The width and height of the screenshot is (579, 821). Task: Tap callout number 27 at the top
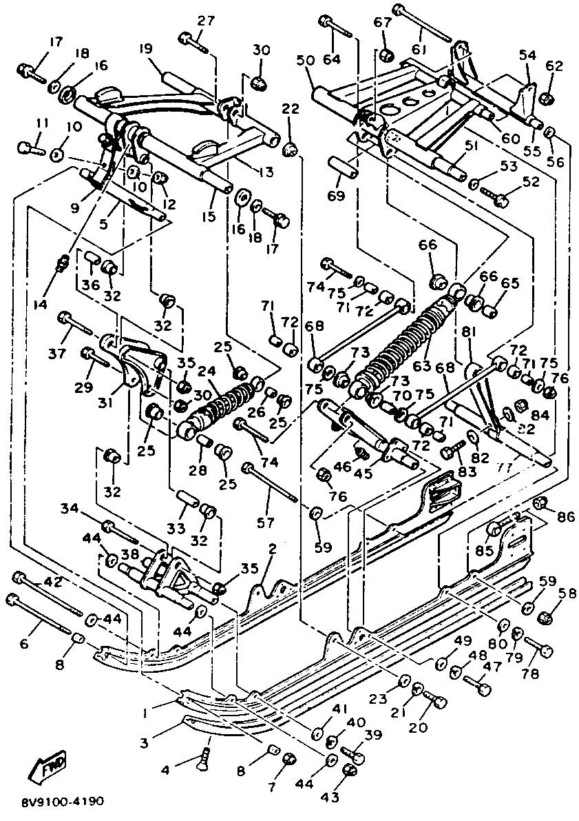pos(206,20)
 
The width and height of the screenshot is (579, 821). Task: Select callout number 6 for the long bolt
pos(23,643)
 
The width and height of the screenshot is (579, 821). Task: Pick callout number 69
pos(337,198)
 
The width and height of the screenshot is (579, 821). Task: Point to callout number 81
pos(470,332)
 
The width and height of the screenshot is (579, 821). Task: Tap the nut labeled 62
pos(545,99)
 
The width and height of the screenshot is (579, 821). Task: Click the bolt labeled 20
pos(436,701)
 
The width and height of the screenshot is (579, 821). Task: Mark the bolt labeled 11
pos(27,148)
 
